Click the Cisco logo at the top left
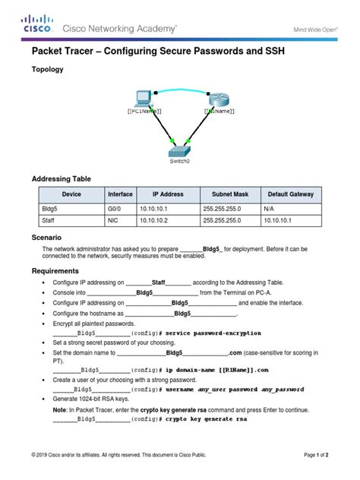37,24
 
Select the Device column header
71,194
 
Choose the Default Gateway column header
292,194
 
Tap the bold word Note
60,409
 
